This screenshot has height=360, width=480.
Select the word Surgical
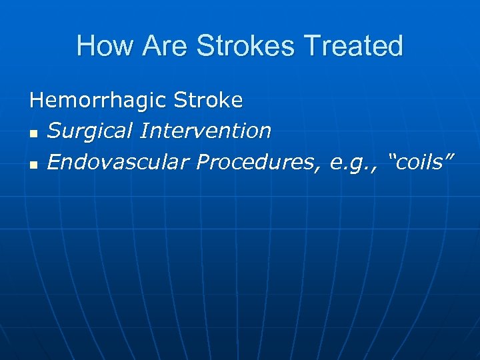(91, 131)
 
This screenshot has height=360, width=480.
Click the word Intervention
(206, 131)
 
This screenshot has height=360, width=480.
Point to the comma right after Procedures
(325, 167)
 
